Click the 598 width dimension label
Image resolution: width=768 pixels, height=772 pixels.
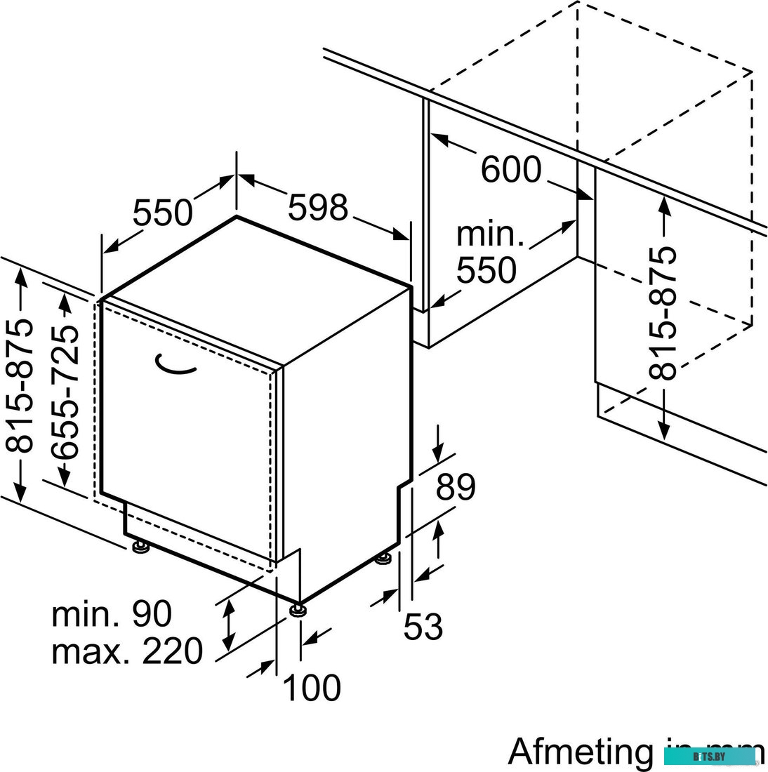pyautogui.click(x=318, y=207)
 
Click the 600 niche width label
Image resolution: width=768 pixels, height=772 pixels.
pyautogui.click(x=511, y=169)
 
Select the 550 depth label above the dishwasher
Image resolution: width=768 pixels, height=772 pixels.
pyautogui.click(x=162, y=213)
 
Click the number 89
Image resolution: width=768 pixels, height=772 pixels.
pyautogui.click(x=456, y=486)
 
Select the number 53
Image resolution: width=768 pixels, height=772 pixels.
pyautogui.click(x=423, y=626)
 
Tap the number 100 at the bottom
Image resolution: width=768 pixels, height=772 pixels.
pyautogui.click(x=311, y=688)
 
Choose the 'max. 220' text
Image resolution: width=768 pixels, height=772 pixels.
pyautogui.click(x=126, y=651)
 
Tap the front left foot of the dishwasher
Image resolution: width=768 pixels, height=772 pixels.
pyautogui.click(x=139, y=545)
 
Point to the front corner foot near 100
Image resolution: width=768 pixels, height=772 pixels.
pyautogui.click(x=298, y=608)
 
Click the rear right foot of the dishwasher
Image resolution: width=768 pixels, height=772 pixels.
pyautogui.click(x=383, y=559)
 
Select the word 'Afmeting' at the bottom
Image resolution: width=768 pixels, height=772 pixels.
pyautogui.click(x=581, y=751)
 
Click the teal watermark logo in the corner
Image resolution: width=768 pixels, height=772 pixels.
pyautogui.click(x=709, y=757)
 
